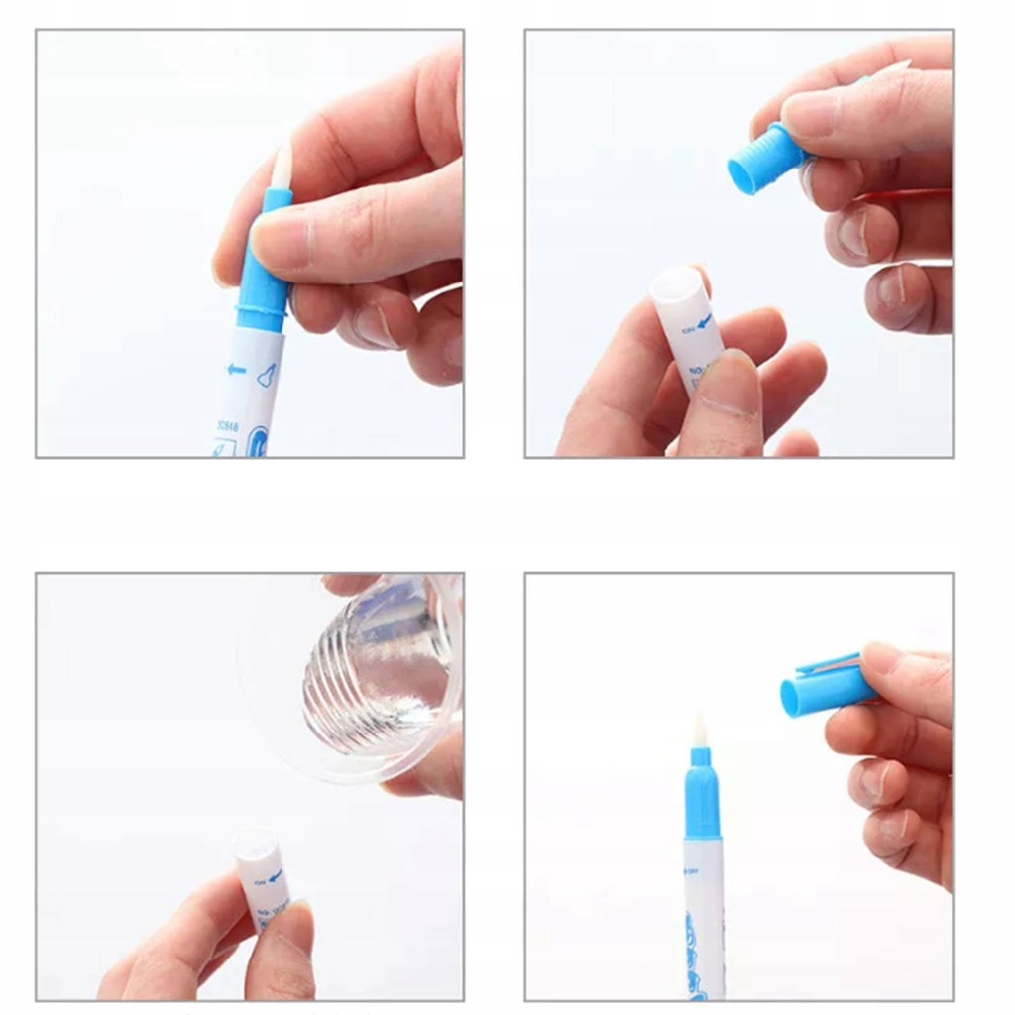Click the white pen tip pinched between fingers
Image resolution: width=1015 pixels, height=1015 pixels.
tap(282, 167)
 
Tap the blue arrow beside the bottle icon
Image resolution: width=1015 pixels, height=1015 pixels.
tap(236, 370)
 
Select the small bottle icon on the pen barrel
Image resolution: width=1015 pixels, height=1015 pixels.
tap(266, 376)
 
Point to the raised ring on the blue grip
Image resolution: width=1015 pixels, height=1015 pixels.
tap(261, 315)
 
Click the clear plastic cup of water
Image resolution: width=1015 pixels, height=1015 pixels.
tap(367, 674)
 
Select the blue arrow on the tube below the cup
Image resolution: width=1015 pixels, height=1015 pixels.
tap(274, 876)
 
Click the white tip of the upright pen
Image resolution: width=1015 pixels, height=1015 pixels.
tap(700, 733)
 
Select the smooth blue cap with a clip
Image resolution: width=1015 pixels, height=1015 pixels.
tap(823, 689)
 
